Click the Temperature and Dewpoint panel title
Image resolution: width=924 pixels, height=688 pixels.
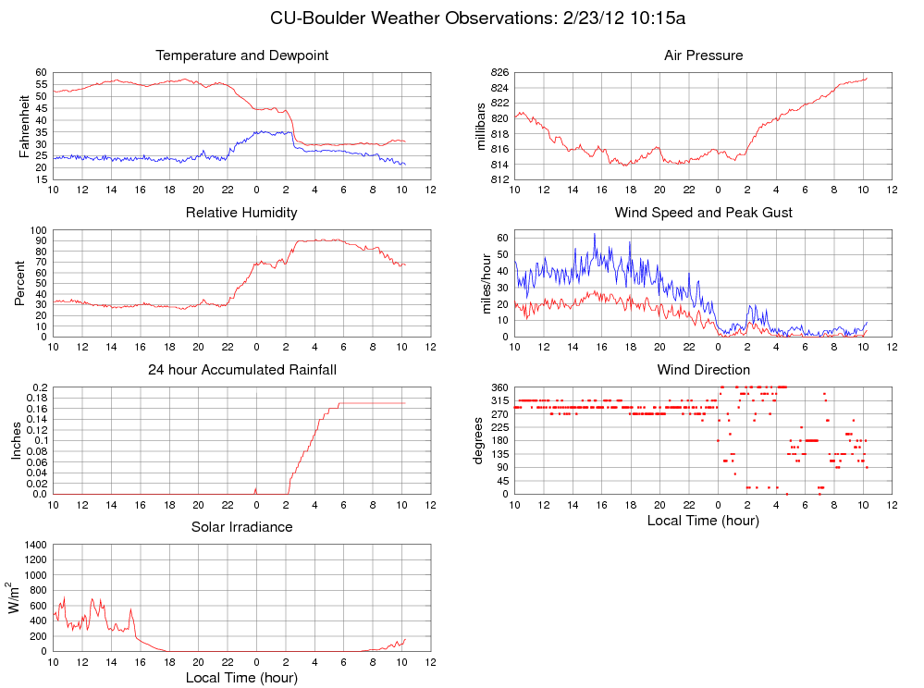(242, 55)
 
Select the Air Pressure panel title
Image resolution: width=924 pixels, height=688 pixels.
(703, 55)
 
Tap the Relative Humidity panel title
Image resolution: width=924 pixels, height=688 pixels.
(241, 213)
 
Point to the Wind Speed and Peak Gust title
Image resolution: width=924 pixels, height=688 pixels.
(703, 213)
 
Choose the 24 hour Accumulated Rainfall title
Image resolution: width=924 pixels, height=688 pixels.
(242, 370)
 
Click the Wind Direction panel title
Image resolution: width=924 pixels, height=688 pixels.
(703, 370)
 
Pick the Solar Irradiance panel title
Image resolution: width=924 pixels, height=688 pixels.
(242, 527)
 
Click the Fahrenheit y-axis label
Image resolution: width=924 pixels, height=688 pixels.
(25, 126)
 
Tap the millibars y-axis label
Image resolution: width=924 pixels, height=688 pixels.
(480, 126)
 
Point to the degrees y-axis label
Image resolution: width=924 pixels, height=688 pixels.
(478, 440)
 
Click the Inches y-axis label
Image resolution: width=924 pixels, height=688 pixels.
(16, 440)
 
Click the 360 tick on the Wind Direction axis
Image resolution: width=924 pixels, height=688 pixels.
(499, 387)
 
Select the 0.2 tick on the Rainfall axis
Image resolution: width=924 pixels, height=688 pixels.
(40, 387)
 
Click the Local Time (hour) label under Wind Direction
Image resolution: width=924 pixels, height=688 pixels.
(703, 520)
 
